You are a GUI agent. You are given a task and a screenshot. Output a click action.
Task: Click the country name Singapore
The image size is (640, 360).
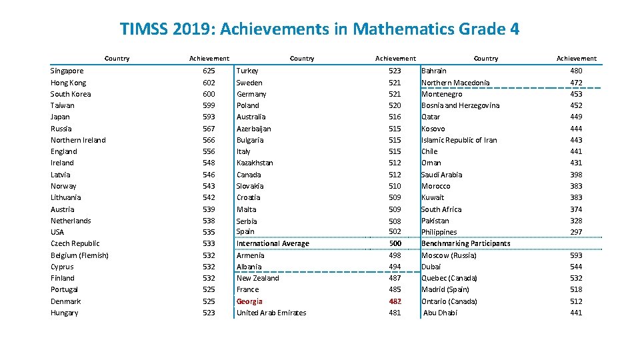coord(67,71)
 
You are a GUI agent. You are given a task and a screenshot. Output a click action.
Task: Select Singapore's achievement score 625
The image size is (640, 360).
coord(209,71)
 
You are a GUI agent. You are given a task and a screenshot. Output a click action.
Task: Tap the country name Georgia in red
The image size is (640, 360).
coord(250,301)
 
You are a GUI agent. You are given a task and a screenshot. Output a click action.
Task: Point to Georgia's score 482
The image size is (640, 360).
coord(395,301)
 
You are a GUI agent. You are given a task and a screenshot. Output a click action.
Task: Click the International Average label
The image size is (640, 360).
coord(273,243)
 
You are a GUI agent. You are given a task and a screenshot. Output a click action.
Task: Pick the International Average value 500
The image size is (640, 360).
coord(395,243)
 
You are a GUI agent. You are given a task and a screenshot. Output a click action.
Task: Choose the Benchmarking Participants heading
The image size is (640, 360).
coord(465,243)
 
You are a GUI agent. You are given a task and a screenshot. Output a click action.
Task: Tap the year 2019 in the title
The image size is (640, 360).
coord(190,29)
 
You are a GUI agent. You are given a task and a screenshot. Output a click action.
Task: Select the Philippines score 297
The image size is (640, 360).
coord(576,232)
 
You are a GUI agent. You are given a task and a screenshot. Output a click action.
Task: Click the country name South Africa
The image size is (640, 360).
coord(441,209)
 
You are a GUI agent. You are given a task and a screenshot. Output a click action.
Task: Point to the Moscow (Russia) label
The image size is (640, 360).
coord(449,255)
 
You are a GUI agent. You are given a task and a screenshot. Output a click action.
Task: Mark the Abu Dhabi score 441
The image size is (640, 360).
coord(576,313)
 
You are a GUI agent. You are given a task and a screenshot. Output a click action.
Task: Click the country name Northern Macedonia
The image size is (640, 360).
coord(455,83)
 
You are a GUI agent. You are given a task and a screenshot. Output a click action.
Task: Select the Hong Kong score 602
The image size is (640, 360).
coord(209,83)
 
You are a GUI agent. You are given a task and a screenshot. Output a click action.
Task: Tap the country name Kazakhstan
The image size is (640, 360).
coord(255,163)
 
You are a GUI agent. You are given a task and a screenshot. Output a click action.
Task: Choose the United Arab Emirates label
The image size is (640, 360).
coord(271,313)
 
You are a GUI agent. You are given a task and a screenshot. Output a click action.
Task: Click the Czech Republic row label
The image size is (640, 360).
coord(75,243)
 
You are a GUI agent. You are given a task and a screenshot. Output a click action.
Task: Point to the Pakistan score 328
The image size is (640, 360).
coord(576,221)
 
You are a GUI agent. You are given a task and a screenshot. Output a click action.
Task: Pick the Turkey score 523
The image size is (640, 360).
coord(395,71)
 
